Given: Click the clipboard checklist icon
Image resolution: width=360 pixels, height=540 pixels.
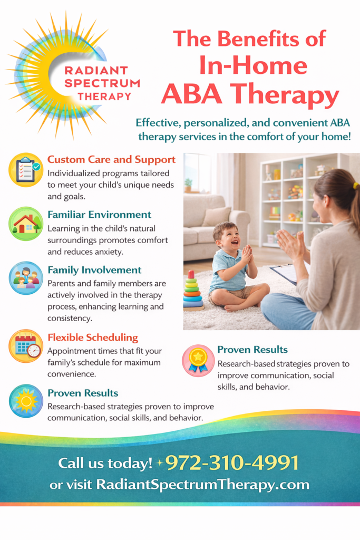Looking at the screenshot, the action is click(26, 170).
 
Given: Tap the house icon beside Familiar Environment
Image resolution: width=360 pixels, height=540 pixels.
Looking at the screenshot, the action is click(26, 224).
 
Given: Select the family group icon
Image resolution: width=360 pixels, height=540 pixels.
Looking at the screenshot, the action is click(26, 278).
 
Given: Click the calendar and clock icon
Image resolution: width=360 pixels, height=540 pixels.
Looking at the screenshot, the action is click(26, 346).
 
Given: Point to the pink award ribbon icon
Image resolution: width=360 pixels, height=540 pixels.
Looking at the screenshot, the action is click(198, 361).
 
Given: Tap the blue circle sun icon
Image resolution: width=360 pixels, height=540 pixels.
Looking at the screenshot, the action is click(26, 401).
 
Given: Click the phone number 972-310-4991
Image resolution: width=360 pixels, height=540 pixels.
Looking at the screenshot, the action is click(232, 462).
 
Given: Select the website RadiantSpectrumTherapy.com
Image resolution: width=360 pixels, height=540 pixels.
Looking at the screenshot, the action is click(203, 484).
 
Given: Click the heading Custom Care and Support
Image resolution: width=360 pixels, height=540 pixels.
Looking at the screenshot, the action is click(112, 160).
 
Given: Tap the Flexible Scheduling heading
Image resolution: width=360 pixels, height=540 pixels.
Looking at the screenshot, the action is click(93, 337).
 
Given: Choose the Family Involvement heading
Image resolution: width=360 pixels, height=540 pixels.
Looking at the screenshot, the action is click(95, 270).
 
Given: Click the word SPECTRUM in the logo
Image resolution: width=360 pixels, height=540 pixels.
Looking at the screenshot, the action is click(102, 83).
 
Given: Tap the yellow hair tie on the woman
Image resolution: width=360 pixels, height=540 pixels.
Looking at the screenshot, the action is click(356, 186).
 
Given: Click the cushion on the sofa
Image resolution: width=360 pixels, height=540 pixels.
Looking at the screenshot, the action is click(217, 216).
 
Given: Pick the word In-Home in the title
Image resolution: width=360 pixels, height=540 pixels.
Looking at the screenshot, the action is click(253, 65).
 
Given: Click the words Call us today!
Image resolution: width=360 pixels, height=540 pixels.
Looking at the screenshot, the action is click(105, 463).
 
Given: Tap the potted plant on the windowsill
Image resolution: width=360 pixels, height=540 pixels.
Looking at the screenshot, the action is click(188, 185).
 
